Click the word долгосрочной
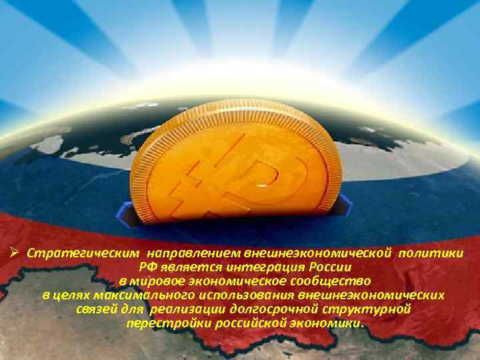(x=274, y=310)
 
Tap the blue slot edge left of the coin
(x=127, y=212)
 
